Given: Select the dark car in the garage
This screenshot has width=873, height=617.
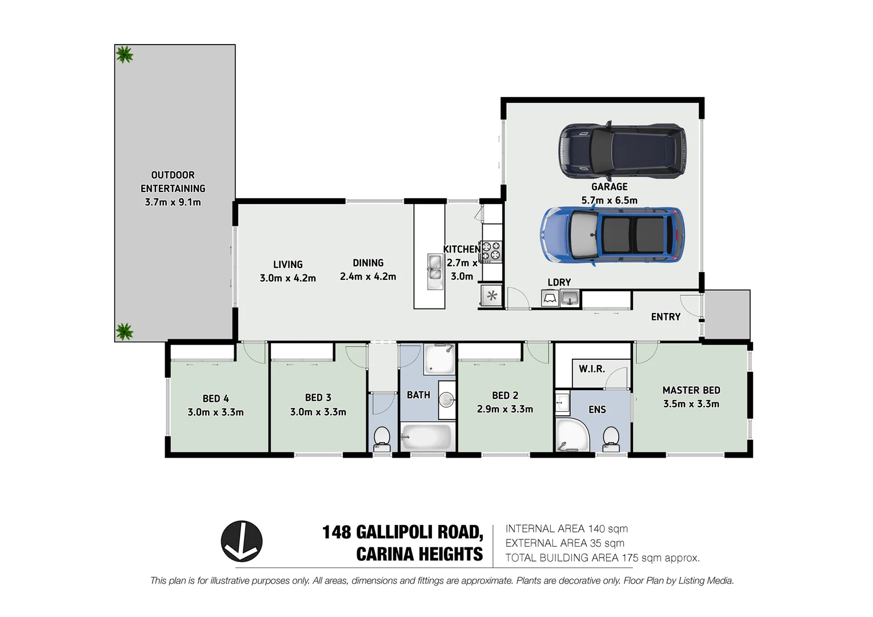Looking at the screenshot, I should pyautogui.click(x=622, y=149).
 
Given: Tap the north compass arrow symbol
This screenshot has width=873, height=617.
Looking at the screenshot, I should pyautogui.click(x=242, y=541).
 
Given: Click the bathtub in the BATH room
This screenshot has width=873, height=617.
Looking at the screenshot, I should pyautogui.click(x=426, y=438).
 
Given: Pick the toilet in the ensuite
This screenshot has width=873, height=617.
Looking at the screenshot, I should pyautogui.click(x=611, y=438).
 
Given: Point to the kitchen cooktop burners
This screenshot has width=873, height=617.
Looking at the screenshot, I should pyautogui.click(x=491, y=251).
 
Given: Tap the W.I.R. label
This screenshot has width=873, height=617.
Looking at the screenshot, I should pyautogui.click(x=591, y=369).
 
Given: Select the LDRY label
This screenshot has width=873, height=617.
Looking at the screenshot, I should pyautogui.click(x=559, y=282).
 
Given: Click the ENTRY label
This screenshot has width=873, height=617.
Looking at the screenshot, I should pyautogui.click(x=666, y=316).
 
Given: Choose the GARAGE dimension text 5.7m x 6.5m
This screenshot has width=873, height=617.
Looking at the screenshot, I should pyautogui.click(x=609, y=201).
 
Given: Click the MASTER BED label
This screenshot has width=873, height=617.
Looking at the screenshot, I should pyautogui.click(x=691, y=390).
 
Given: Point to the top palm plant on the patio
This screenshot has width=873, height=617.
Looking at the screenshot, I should pyautogui.click(x=125, y=55).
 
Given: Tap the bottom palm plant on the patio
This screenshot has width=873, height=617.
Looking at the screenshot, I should pyautogui.click(x=124, y=331).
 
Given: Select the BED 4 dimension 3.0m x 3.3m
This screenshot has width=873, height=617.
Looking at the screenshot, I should pyautogui.click(x=215, y=412).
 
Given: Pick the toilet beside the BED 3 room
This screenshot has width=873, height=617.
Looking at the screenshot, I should pyautogui.click(x=381, y=438).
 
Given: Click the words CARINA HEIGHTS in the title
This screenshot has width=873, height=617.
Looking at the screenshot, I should pyautogui.click(x=419, y=554).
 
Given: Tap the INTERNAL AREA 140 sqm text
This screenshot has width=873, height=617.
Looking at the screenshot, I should pyautogui.click(x=566, y=529).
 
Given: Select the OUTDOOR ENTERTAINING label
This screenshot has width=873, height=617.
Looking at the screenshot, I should pyautogui.click(x=173, y=182).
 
